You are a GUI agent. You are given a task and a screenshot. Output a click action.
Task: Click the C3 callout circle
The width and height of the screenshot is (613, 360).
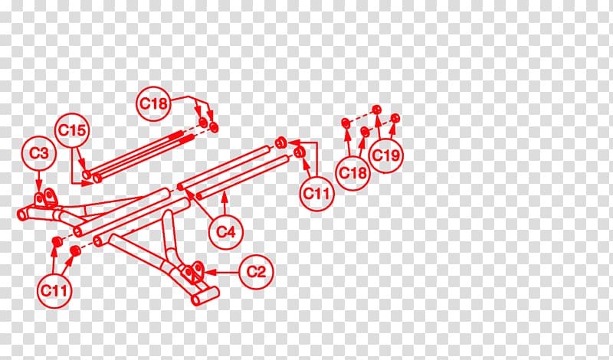pos(39,153)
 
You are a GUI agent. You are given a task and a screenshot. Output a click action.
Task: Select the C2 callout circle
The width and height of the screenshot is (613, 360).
pos(256,272)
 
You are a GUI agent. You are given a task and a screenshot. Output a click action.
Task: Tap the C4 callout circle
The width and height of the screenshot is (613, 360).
pos(225,232)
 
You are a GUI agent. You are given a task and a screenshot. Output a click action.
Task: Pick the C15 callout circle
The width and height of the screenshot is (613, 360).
pos(72,130)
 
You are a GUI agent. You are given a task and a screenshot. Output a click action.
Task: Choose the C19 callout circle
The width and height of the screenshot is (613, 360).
pos(385,155)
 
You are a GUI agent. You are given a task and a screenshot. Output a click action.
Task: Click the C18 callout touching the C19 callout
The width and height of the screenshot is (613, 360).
pos(352,173)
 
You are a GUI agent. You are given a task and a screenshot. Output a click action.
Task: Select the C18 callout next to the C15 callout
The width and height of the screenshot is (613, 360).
pos(154,103)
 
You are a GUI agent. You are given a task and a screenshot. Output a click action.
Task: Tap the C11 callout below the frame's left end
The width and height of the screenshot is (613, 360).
pos(54,291)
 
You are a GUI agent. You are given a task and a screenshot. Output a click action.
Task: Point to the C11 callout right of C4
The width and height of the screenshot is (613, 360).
pos(316,194)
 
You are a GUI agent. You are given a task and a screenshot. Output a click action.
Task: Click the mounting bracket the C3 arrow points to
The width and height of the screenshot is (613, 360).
pos(45,198)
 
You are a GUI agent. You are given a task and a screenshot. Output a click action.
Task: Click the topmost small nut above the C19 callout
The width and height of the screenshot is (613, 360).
pos(376,110)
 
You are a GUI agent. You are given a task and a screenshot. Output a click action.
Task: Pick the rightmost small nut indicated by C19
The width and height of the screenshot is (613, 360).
pos(395,118)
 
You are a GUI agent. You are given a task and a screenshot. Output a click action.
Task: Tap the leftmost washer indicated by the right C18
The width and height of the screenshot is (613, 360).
pos(346,123)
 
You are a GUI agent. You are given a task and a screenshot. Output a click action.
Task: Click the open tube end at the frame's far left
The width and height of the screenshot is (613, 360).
pos(21,214)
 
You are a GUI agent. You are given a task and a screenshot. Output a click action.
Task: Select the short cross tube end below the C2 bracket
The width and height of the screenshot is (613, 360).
pos(196,300)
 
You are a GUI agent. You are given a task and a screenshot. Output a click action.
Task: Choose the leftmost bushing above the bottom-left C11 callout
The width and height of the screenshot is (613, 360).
pos(56,241)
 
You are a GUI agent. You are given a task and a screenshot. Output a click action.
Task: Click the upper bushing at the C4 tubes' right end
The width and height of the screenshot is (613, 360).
pos(280,143)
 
